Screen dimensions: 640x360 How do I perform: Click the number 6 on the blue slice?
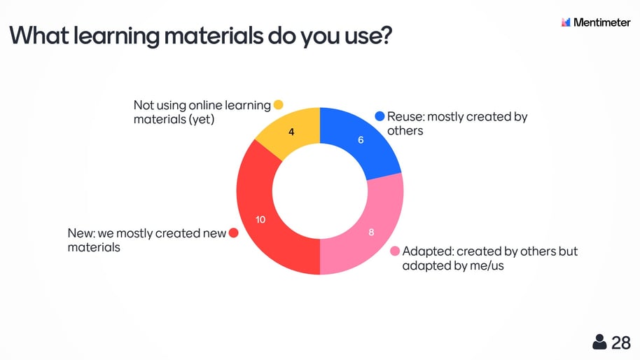click(x=361, y=140)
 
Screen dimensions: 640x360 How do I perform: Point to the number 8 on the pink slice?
click(x=371, y=233)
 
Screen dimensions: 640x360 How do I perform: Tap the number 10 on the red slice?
click(x=260, y=220)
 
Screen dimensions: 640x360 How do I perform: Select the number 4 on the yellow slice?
click(x=291, y=132)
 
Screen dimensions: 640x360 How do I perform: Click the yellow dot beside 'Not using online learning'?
click(x=279, y=105)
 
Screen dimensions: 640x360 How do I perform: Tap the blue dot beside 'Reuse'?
click(x=380, y=116)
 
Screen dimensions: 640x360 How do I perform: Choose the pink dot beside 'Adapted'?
click(x=395, y=251)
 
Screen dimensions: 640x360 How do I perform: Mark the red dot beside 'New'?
click(x=233, y=233)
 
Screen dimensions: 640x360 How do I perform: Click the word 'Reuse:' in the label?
click(x=405, y=117)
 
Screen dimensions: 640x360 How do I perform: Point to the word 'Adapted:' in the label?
click(x=428, y=251)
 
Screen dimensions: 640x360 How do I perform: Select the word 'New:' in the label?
click(x=81, y=233)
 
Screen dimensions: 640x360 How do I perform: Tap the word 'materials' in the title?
click(x=214, y=35)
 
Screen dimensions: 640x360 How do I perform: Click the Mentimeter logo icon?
click(x=566, y=22)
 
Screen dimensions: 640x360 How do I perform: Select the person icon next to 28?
click(x=599, y=342)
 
